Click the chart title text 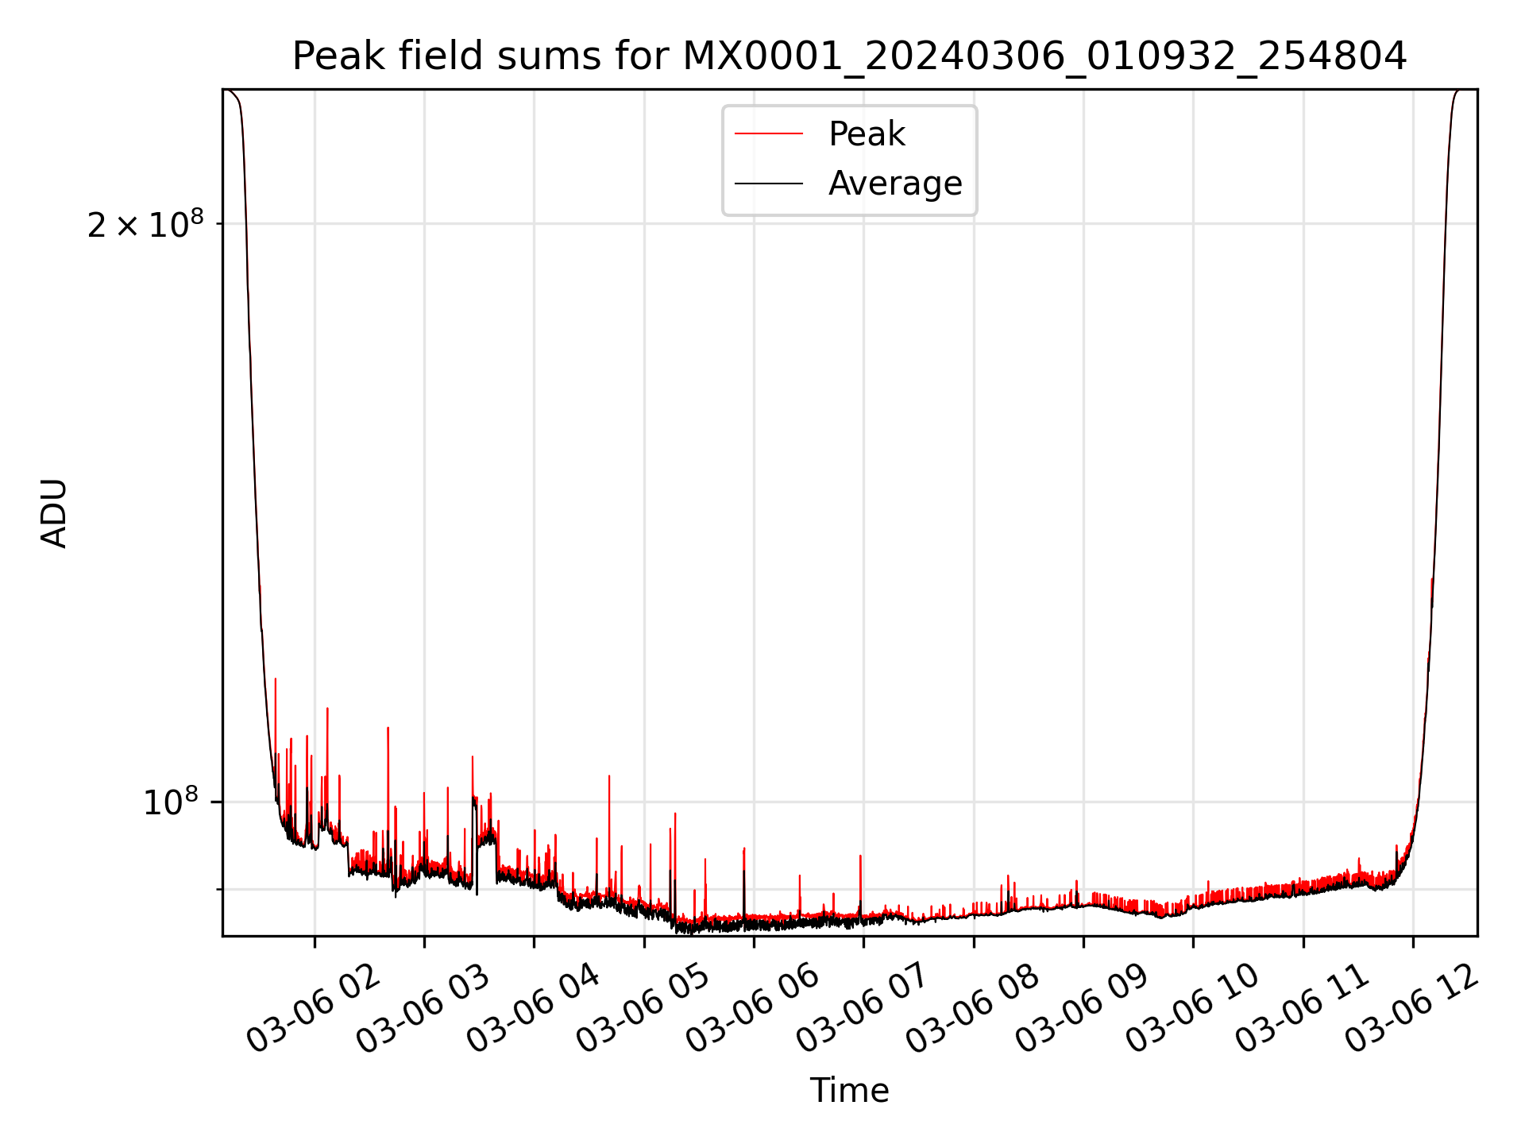(849, 56)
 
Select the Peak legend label (867, 134)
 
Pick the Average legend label (895, 184)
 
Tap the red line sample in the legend (768, 134)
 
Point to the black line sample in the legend (768, 184)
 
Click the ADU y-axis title (54, 513)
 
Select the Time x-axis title (849, 1090)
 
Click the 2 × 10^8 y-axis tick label (145, 225)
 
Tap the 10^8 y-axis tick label (170, 802)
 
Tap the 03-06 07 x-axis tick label (863, 1007)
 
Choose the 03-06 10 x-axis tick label (1192, 1007)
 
